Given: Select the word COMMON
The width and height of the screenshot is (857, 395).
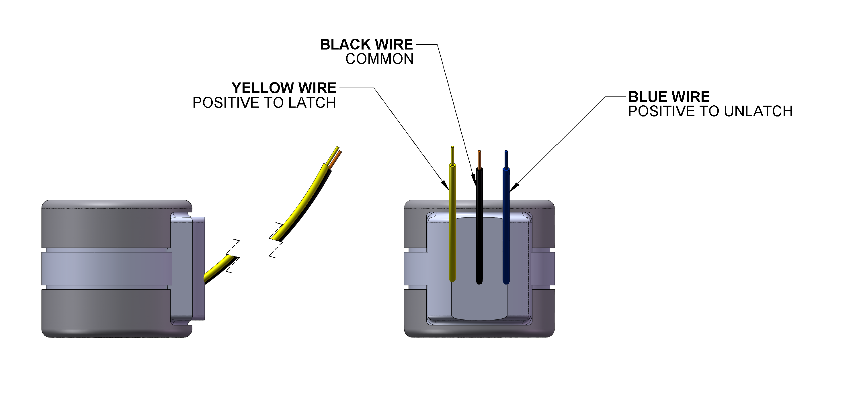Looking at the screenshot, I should [x=379, y=59].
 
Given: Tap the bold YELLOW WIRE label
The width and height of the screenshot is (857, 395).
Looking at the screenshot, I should [x=284, y=88].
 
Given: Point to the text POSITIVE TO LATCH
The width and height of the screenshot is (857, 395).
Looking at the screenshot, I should [x=264, y=103].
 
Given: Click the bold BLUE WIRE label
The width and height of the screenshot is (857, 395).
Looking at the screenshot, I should [x=669, y=97].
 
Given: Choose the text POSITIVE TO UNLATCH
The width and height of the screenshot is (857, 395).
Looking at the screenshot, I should [x=710, y=111].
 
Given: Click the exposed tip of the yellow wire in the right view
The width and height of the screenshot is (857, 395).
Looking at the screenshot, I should [x=452, y=155].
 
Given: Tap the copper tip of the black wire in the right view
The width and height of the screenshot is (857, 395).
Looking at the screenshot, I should [x=479, y=159].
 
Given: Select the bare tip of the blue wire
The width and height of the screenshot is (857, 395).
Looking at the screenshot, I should [x=506, y=159].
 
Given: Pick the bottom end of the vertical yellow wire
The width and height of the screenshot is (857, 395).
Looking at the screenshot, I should [x=452, y=279].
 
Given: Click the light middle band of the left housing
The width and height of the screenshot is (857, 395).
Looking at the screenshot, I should [x=106, y=268].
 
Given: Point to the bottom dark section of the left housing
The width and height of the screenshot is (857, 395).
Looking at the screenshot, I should [x=106, y=312].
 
